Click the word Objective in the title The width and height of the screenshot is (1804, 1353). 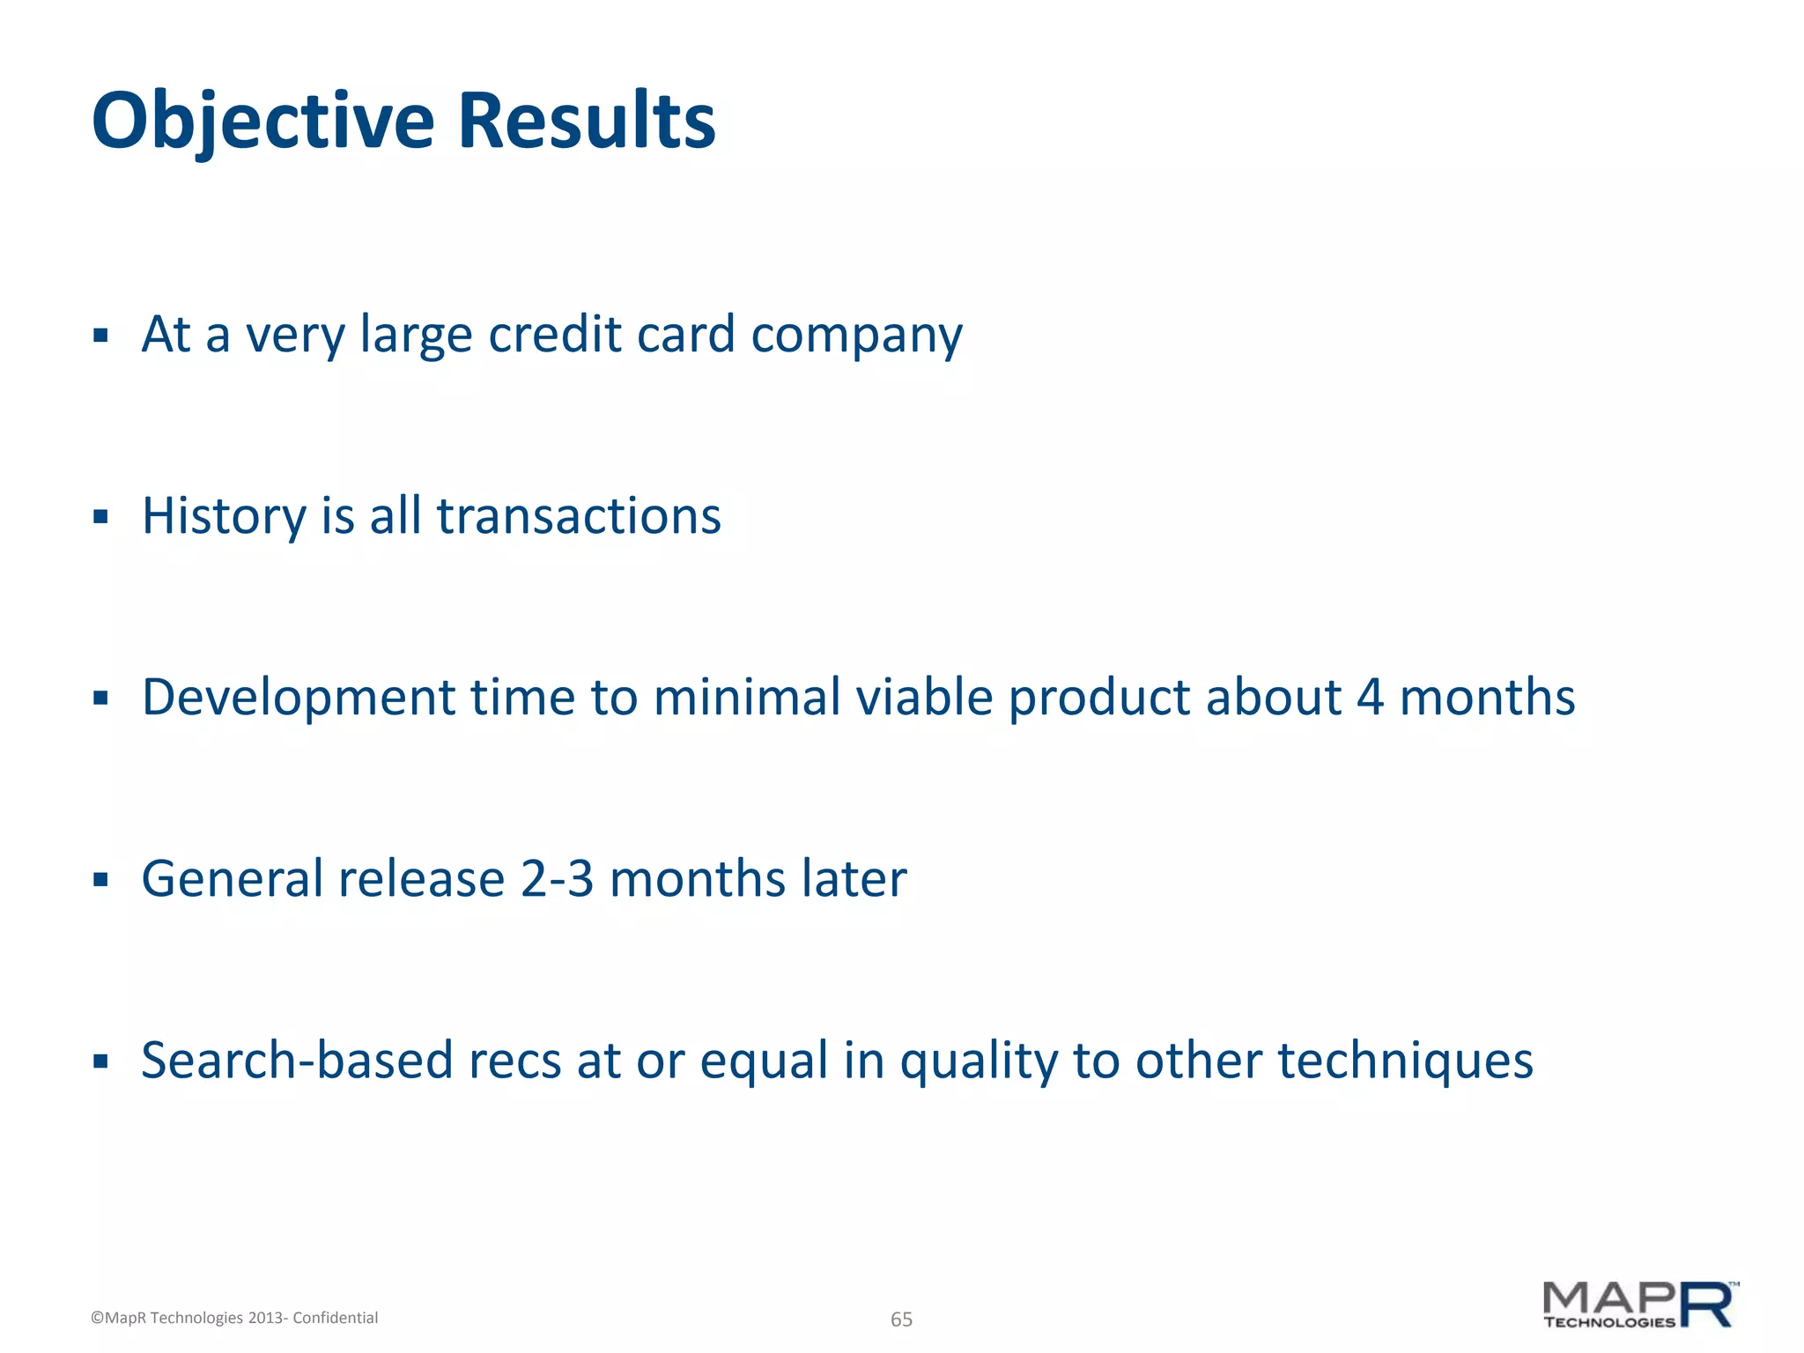pos(262,122)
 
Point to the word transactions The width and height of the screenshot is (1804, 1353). pos(579,517)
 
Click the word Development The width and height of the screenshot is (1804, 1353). pos(298,699)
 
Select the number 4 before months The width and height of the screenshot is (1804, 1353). pos(1370,699)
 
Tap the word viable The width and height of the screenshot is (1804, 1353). pos(924,699)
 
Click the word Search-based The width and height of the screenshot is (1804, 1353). pos(297,1061)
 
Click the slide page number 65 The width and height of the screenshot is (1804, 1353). pos(901,1319)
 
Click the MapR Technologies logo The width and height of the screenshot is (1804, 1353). pos(1639,1305)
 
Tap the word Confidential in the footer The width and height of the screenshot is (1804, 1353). pos(335,1318)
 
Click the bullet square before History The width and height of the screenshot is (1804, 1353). pos(100,516)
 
